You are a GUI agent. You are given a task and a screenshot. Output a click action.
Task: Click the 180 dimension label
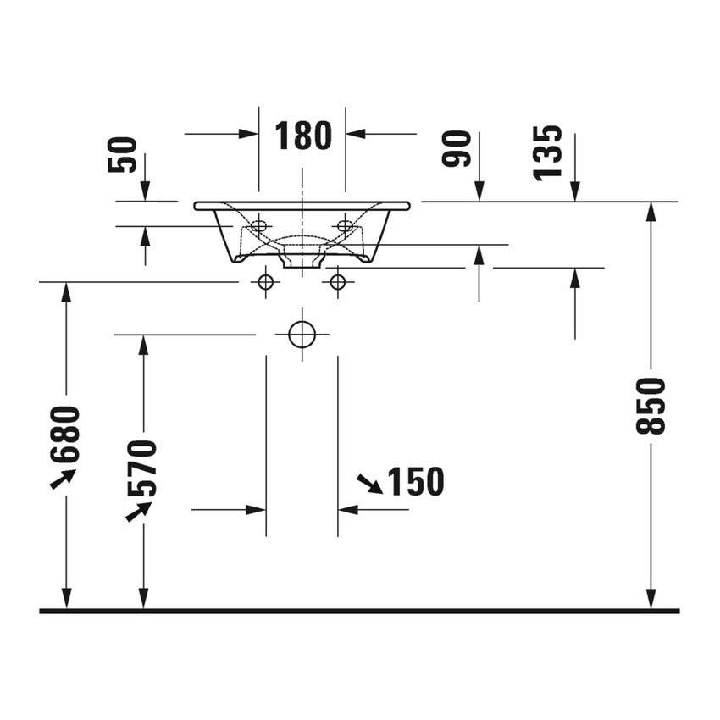pos(303,136)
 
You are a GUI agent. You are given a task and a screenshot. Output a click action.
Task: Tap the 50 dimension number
pos(123,155)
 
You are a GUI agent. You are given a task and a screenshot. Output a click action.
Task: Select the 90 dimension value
pos(457,148)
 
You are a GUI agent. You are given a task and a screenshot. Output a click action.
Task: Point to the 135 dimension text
pos(547,153)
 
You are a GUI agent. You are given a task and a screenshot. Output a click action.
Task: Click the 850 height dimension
pos(651,406)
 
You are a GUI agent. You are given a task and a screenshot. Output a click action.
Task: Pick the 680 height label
pos(65,435)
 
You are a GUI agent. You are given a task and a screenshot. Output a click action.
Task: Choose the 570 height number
pos(142,468)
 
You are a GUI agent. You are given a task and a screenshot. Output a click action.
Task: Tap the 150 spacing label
pos(416,481)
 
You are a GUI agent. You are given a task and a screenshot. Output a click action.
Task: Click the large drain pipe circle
pos(302,335)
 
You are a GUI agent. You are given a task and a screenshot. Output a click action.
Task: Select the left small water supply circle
pos(266,282)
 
